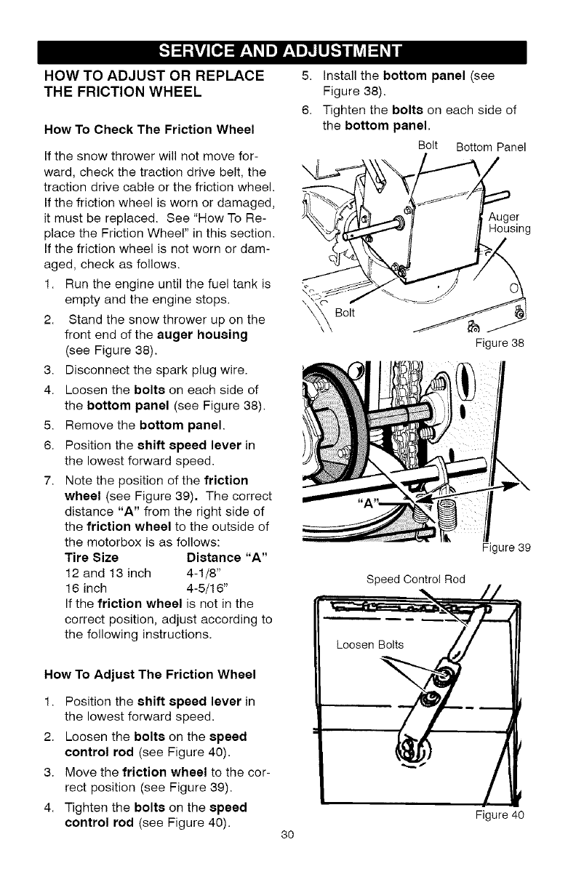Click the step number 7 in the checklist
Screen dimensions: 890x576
tap(49, 481)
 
